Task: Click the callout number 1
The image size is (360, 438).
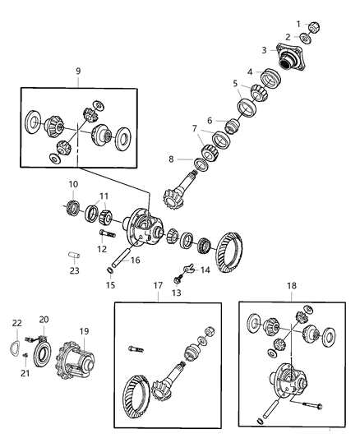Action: pyautogui.click(x=298, y=24)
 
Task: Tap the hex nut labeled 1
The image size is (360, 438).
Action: pyautogui.click(x=314, y=25)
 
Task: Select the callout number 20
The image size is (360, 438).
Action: pyautogui.click(x=44, y=320)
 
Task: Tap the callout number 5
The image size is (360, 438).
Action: pyautogui.click(x=234, y=83)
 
